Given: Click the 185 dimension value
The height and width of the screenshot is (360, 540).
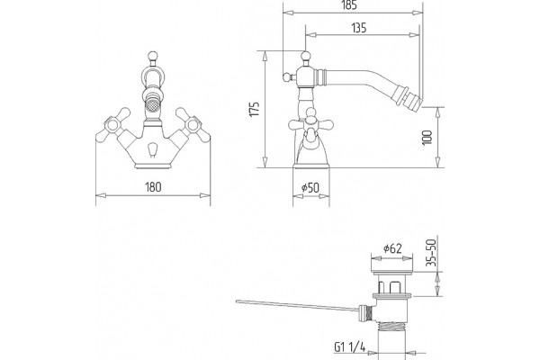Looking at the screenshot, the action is click(x=349, y=5).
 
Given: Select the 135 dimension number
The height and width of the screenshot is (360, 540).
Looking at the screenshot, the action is click(x=359, y=28).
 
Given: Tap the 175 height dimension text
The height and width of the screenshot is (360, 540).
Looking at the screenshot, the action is click(x=255, y=109).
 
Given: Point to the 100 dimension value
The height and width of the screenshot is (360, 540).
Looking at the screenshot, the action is click(x=427, y=138).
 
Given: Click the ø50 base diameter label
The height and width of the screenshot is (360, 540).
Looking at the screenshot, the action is click(x=310, y=188).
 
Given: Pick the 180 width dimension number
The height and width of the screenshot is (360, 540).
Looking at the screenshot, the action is click(x=153, y=187).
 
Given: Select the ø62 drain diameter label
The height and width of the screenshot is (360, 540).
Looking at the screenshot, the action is click(x=392, y=248).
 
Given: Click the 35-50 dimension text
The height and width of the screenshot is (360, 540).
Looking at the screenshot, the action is click(x=431, y=253).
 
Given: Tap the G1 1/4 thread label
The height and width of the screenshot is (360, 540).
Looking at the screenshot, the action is click(x=349, y=346).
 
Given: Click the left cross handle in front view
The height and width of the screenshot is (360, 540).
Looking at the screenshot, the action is click(x=113, y=125).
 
